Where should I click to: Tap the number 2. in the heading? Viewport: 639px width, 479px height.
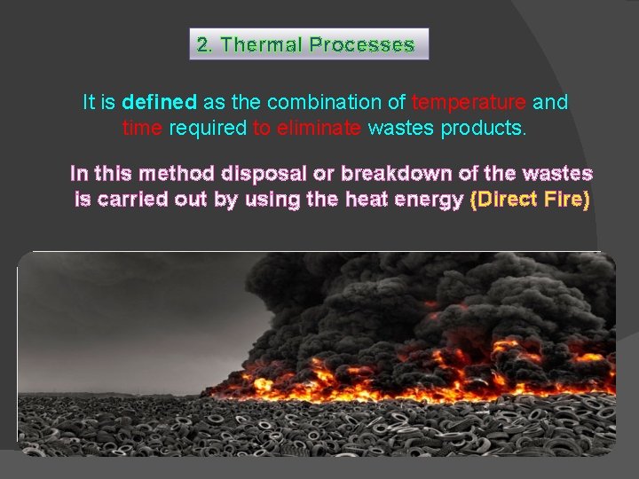click(x=204, y=44)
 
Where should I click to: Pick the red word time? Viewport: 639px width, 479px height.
click(x=142, y=128)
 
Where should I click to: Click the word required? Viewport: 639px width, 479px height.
click(x=208, y=128)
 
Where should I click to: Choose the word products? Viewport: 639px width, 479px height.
click(x=488, y=128)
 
